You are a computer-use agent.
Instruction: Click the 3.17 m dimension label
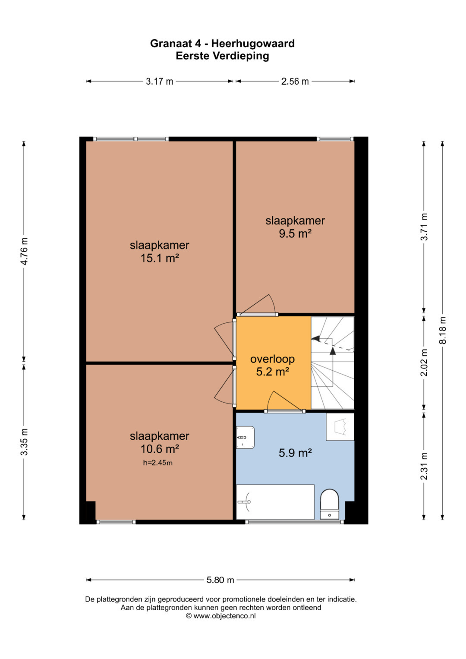160,81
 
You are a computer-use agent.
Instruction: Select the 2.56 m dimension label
295,81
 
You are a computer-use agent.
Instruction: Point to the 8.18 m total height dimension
442,330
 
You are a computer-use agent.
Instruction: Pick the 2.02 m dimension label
424,363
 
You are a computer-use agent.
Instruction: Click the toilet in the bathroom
330,504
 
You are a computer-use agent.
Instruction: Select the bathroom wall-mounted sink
245,438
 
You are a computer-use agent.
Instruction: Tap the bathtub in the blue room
275,502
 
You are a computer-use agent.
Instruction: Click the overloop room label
272,359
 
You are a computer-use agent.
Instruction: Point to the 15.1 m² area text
160,259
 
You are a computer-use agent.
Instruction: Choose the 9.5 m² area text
295,233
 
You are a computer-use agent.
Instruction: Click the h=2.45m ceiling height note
157,463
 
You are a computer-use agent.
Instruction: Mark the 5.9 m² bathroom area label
295,453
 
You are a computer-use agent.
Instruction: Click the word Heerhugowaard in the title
253,44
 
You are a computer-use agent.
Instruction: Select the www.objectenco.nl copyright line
220,616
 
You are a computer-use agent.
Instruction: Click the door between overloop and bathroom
285,402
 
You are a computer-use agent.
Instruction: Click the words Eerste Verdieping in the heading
222,56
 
